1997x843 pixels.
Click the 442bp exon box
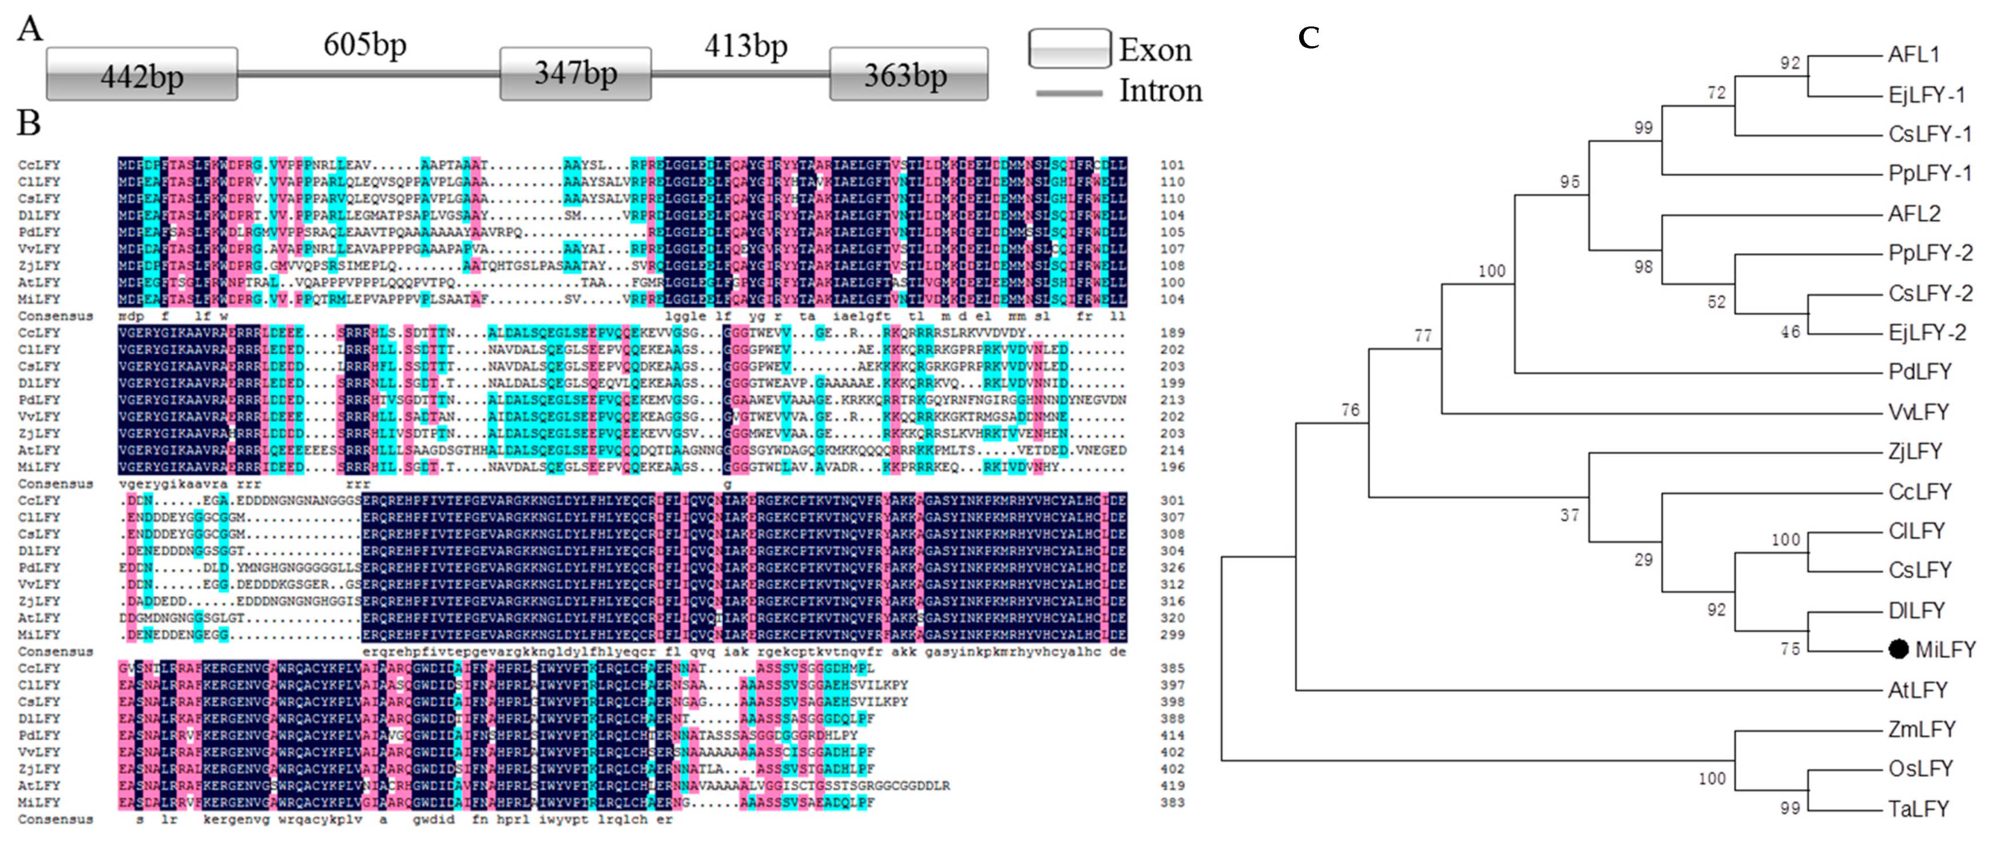142,74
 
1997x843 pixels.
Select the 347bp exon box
575,74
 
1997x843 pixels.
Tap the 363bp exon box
908,74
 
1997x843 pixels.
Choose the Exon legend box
1070,48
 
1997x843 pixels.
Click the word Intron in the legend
1160,91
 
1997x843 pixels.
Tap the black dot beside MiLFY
1898,649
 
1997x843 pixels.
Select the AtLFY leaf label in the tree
1918,690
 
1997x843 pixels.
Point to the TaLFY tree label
1918,809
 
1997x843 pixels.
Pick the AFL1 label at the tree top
1914,54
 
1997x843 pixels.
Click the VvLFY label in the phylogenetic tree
1918,411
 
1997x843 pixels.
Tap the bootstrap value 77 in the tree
1423,335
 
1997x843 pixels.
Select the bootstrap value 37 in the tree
1569,514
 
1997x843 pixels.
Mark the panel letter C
1309,37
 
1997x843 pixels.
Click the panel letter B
29,122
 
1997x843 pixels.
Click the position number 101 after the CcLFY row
1172,165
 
